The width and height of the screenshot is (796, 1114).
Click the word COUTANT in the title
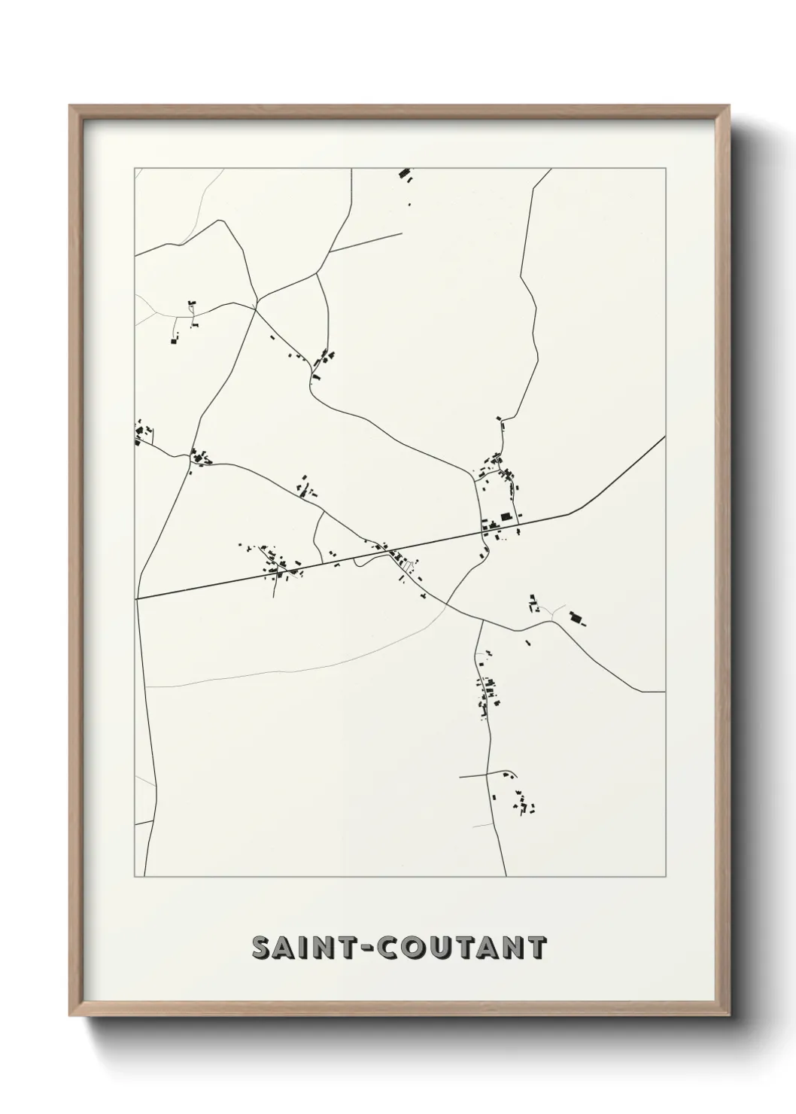point(462,948)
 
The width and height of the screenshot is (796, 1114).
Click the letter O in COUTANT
point(414,948)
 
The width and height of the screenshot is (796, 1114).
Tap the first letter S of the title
point(262,948)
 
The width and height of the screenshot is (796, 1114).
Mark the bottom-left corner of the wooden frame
point(71,1018)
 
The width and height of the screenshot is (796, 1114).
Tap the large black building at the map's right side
point(577,619)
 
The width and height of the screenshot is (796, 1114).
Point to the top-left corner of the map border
point(135,169)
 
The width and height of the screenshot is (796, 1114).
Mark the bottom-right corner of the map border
point(665,877)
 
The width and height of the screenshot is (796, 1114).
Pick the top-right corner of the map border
point(665,169)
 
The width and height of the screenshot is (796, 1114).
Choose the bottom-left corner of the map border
point(135,877)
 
